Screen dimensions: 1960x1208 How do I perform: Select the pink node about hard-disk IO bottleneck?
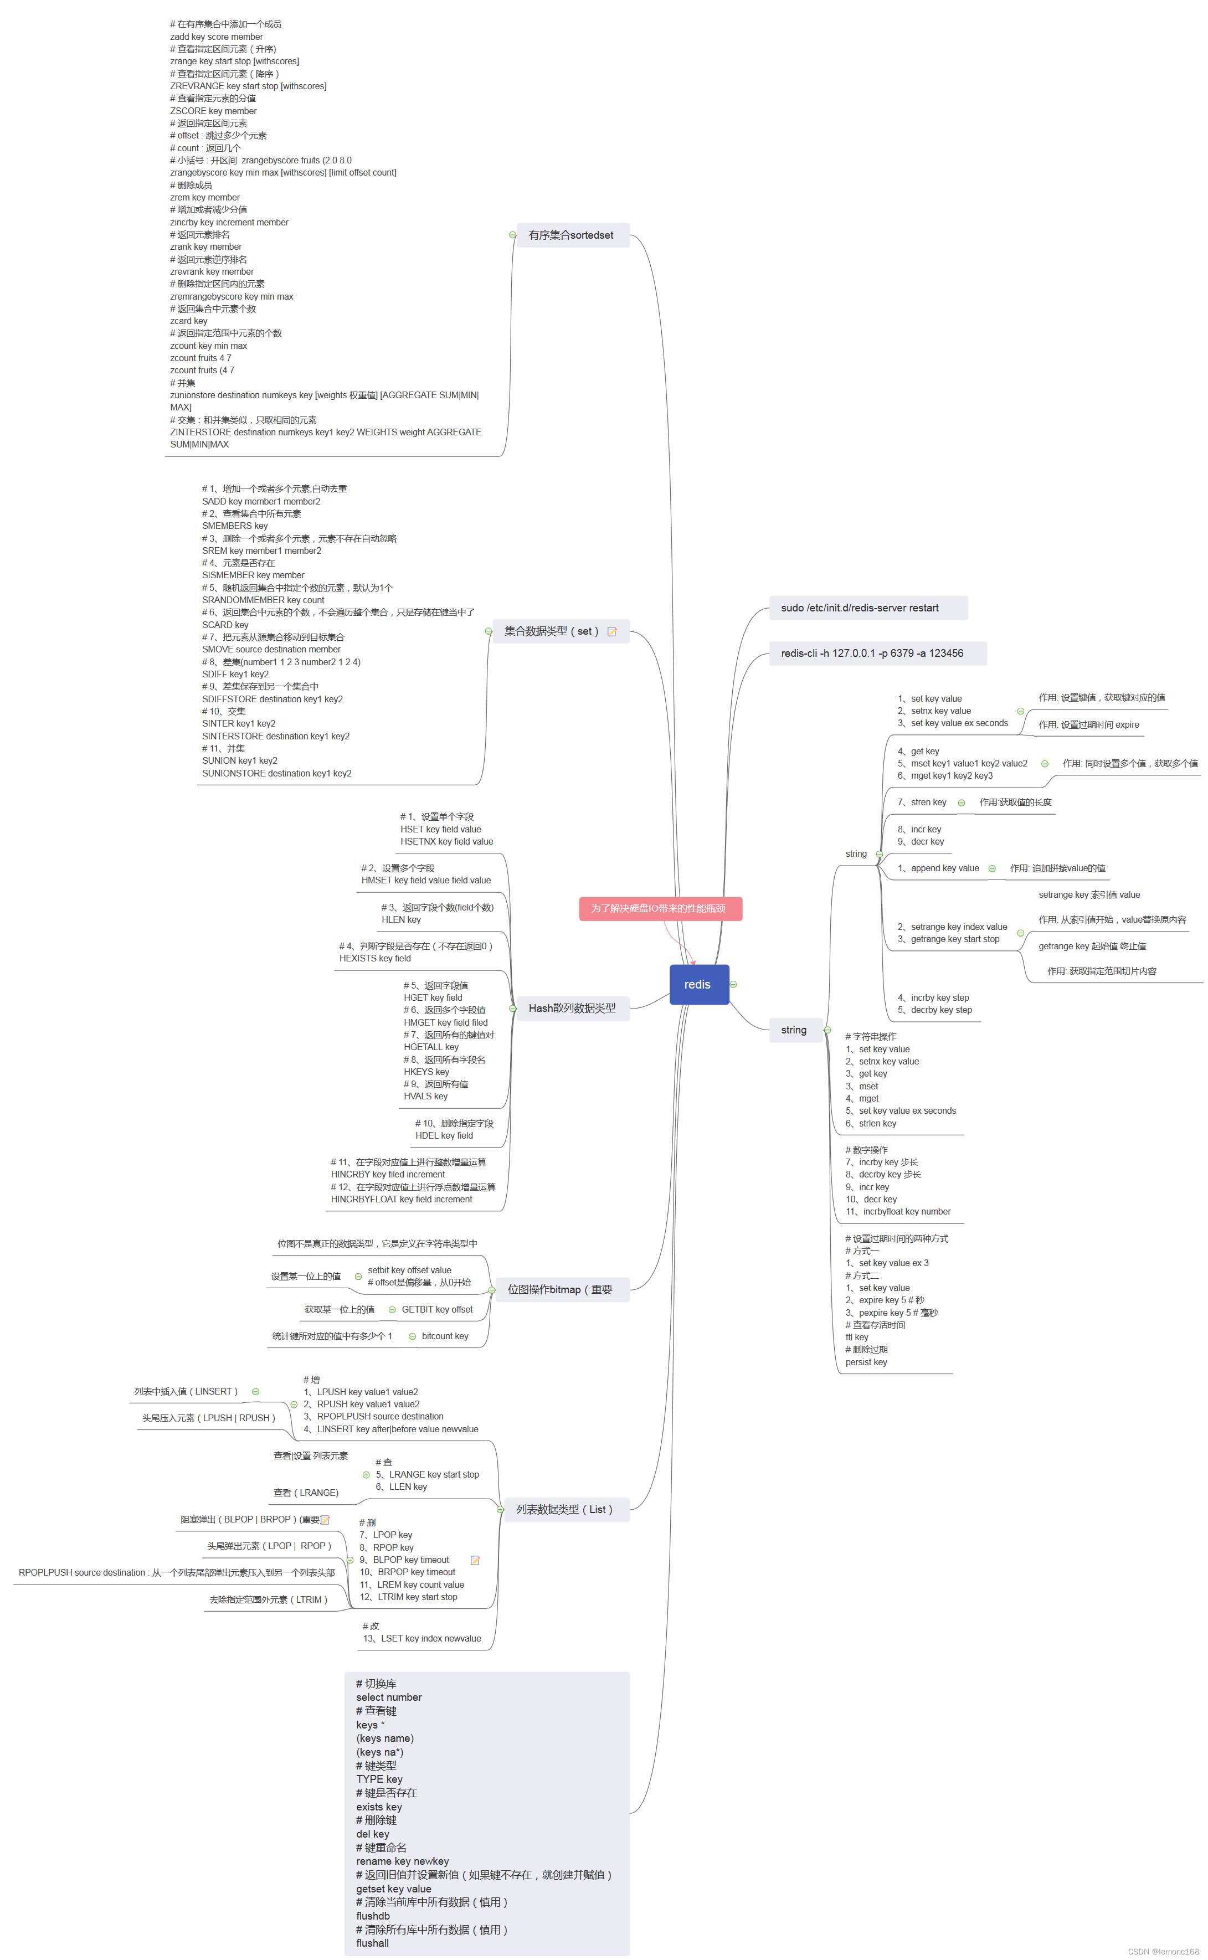point(660,908)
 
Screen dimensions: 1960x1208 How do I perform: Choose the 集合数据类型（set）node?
point(551,631)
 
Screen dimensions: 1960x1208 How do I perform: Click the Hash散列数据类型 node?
point(572,1008)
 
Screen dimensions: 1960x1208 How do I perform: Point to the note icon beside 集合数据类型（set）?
point(612,632)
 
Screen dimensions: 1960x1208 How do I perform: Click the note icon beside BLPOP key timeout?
point(475,1560)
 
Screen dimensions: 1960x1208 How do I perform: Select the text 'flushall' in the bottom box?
point(372,1942)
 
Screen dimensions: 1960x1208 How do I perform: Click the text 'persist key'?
point(866,1362)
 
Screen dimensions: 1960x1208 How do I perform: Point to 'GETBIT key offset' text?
point(437,1309)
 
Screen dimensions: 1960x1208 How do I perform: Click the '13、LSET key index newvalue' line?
point(422,1638)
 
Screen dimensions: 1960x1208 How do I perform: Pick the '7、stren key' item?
point(922,802)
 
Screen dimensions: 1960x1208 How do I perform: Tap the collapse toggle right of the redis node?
point(733,984)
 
